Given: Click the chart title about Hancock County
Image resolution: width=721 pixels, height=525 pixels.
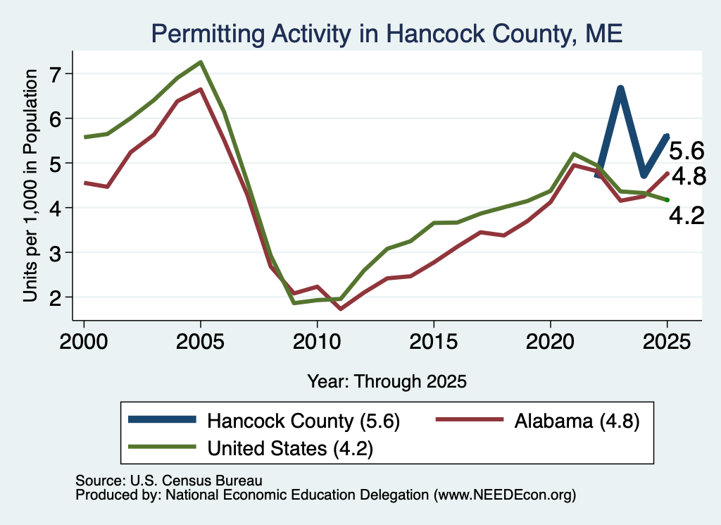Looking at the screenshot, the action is tap(387, 34).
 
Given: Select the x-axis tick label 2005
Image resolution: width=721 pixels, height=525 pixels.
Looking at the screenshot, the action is tap(201, 341).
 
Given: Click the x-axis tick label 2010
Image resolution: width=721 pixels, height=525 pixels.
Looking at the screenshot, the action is tap(317, 341).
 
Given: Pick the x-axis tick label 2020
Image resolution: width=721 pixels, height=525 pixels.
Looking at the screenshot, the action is tap(551, 341).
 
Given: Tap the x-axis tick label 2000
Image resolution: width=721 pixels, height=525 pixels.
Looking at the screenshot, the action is tap(84, 341).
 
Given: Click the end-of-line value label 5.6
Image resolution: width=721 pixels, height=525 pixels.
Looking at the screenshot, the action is tap(686, 151).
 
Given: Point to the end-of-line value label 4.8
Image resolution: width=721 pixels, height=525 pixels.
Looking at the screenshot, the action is tap(689, 176).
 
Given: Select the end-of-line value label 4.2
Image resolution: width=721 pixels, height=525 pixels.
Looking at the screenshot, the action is tap(686, 216).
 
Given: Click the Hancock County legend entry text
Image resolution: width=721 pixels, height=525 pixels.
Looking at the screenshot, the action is tap(303, 421).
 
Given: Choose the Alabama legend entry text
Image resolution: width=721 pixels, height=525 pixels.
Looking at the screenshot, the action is tap(577, 421).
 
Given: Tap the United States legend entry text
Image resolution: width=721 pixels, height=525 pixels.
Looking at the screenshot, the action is tap(290, 448).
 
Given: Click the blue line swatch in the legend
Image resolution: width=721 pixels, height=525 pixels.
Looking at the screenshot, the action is tap(163, 419).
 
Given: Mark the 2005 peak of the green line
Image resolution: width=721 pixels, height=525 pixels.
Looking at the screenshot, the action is tap(201, 62).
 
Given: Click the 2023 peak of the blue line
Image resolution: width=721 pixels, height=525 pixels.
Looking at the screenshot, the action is tap(620, 88).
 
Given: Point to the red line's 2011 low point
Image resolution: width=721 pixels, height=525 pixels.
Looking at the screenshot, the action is tap(340, 309).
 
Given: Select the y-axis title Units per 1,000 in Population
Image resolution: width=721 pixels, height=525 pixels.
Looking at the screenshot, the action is tap(30, 186).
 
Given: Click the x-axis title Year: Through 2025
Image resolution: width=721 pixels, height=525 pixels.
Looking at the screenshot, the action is tap(387, 381).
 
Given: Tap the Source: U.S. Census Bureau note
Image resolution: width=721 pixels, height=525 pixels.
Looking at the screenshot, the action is tap(169, 481).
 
